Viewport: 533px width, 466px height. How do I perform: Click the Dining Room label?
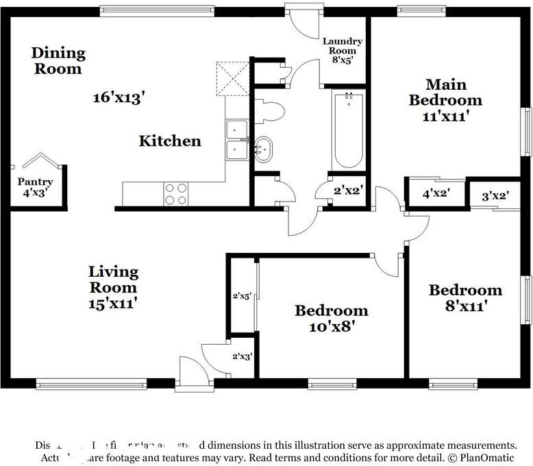pyautogui.click(x=58, y=60)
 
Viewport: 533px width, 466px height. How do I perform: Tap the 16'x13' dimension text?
pyautogui.click(x=121, y=98)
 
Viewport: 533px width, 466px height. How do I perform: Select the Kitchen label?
pyautogui.click(x=170, y=141)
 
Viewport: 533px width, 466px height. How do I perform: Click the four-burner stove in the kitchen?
pyautogui.click(x=175, y=194)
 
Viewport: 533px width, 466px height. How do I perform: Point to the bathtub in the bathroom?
pyautogui.click(x=348, y=130)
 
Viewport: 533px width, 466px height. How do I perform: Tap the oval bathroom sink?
pyautogui.click(x=262, y=149)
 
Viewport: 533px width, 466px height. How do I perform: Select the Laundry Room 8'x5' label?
pyautogui.click(x=343, y=51)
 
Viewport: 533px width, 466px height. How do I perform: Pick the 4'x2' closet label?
pyautogui.click(x=436, y=194)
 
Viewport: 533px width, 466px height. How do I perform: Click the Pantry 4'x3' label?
pyautogui.click(x=35, y=188)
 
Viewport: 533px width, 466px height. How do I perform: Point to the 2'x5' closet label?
pyautogui.click(x=242, y=297)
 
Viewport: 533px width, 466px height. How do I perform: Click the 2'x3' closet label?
pyautogui.click(x=243, y=356)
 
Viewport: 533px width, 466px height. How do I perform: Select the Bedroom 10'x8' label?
pyautogui.click(x=331, y=318)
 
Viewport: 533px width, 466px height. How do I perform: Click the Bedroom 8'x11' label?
pyautogui.click(x=465, y=297)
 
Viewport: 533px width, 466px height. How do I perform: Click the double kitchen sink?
pyautogui.click(x=237, y=138)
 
